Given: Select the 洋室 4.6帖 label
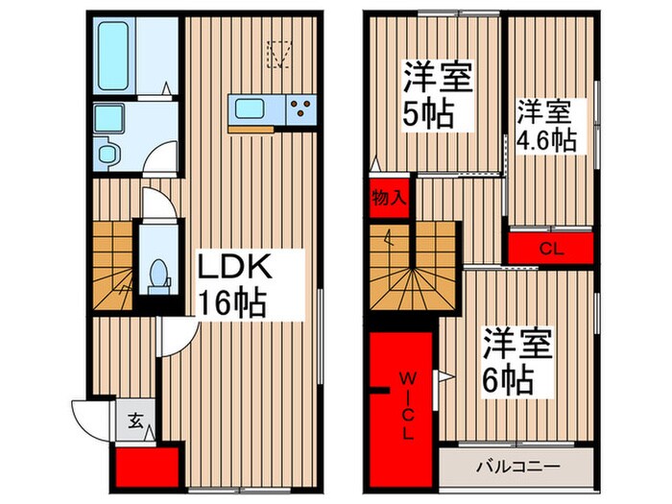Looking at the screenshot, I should pos(547,125).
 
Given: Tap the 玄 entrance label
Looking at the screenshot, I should pos(135,420).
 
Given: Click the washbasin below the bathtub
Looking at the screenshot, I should pos(106,119).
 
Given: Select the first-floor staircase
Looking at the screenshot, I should pos(113,267).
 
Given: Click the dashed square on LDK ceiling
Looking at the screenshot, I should pos(279,54).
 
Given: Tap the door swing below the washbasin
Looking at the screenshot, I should pos(164,156).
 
